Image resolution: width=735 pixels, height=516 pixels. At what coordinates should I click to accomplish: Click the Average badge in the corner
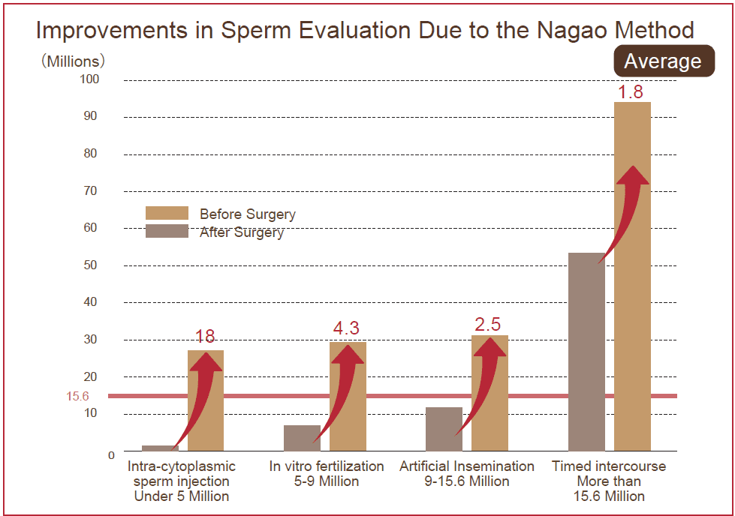coord(663,61)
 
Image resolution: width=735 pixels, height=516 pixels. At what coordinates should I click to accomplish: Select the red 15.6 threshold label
coord(78,395)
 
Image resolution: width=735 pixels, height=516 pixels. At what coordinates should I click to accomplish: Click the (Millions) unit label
coord(73,61)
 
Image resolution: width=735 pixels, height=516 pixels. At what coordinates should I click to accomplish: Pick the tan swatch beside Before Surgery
coord(167,214)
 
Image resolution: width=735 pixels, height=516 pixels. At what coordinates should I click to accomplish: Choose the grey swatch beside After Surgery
coord(167,232)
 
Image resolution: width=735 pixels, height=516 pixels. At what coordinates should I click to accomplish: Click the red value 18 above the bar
coord(205,337)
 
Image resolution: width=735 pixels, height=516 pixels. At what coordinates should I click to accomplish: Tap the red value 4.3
coord(346,328)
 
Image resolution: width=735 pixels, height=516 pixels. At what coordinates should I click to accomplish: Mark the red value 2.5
coord(488,325)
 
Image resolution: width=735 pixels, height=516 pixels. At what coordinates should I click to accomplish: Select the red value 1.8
coord(631,92)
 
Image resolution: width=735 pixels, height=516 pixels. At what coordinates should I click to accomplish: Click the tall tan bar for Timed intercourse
coord(632,300)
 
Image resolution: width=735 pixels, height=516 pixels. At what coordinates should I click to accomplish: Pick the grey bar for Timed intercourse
coord(586,352)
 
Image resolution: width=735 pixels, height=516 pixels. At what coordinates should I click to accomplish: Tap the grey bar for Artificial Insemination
coord(444,429)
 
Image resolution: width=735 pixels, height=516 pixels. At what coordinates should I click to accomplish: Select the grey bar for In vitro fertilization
coord(302,438)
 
